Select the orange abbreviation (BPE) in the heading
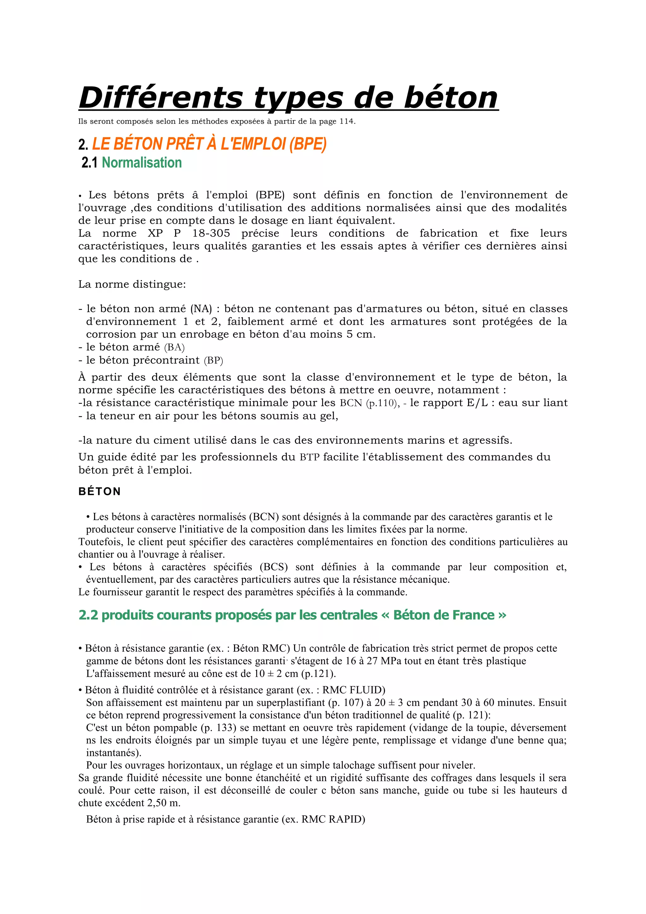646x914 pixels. (308, 144)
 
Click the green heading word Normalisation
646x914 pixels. (142, 162)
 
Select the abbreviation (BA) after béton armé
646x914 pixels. (174, 347)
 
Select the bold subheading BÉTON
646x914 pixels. (99, 492)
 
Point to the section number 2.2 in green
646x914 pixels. (88, 615)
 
